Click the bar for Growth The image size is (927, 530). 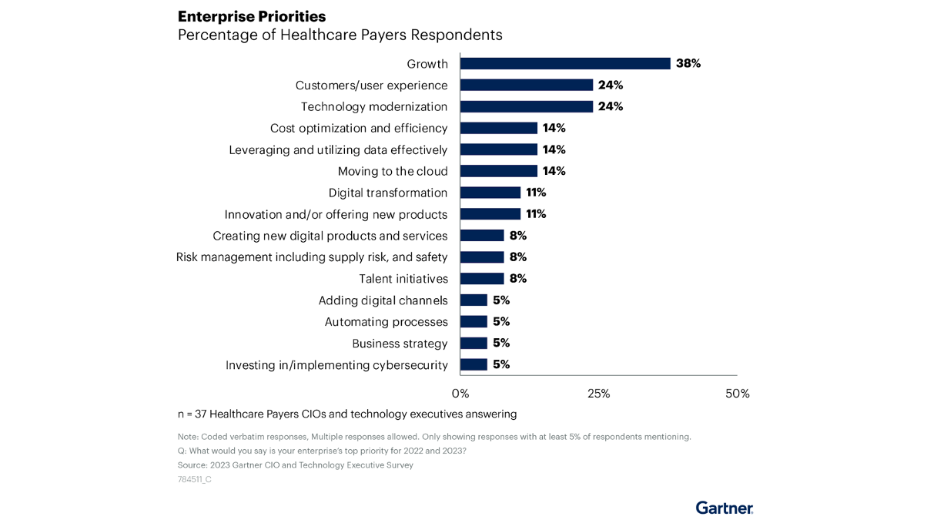(x=565, y=64)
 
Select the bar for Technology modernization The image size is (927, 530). (x=527, y=107)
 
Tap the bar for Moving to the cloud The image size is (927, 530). (x=499, y=171)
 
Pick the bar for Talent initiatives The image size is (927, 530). (x=482, y=279)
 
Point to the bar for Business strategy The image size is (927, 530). (x=474, y=344)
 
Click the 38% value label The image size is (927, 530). (x=688, y=64)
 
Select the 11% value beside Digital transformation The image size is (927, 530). (x=537, y=193)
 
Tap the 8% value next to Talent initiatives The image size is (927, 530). (x=518, y=279)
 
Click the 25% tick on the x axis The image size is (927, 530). (x=598, y=394)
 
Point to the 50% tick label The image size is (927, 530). (x=737, y=394)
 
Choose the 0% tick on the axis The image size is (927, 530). (x=460, y=394)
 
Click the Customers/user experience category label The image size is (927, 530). (x=371, y=86)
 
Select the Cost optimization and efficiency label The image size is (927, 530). (x=359, y=129)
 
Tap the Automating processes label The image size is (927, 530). (x=386, y=322)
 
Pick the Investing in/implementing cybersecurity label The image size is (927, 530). (x=336, y=365)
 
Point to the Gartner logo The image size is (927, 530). (x=724, y=508)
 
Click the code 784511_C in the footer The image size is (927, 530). (x=194, y=479)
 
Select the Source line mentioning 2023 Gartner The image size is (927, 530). (x=295, y=465)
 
